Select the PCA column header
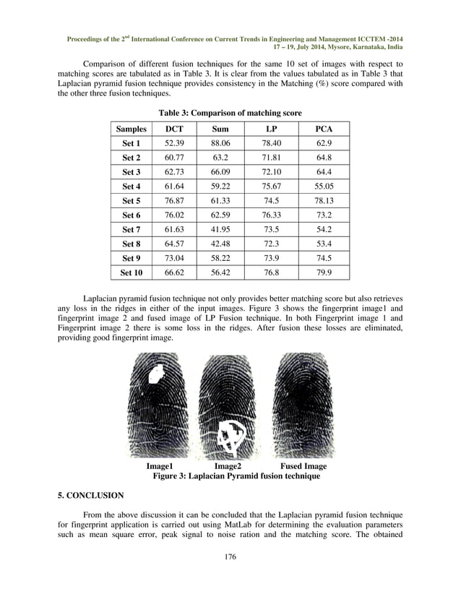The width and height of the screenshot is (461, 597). coord(324,129)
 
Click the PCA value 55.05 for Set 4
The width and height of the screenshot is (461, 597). coord(324,186)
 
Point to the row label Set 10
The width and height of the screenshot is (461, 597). coord(132,272)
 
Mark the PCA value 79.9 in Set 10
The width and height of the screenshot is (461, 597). coord(324,272)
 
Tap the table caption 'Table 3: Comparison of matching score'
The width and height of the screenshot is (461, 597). coord(230,113)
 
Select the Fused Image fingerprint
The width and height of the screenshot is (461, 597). coord(303,405)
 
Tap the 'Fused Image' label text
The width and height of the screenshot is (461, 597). coord(303,467)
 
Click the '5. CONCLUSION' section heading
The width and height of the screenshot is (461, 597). coord(90,496)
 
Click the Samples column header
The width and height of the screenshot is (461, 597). coord(132,129)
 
